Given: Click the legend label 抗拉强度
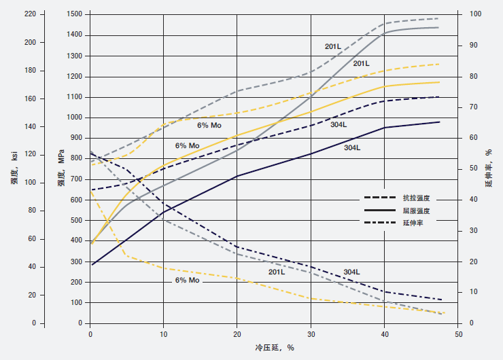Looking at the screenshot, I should [x=417, y=198].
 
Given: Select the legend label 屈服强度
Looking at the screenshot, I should [x=417, y=211].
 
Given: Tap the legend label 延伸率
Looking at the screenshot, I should [x=413, y=222].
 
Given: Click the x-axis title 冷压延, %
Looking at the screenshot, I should [x=275, y=348].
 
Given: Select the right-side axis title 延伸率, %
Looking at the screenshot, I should [x=488, y=167].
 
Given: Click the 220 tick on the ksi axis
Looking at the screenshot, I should [x=29, y=14].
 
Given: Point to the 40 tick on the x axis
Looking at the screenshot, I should [x=385, y=334].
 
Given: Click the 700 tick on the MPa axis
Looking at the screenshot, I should [x=77, y=179].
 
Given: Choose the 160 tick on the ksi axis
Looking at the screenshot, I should [x=29, y=98].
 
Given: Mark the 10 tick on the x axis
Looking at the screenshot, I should [x=164, y=334].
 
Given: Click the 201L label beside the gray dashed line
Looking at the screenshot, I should [x=332, y=46].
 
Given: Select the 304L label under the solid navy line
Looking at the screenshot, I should [x=352, y=147].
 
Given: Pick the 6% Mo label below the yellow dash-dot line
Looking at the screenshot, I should [x=188, y=280].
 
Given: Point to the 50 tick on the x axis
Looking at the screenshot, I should [x=458, y=334].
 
